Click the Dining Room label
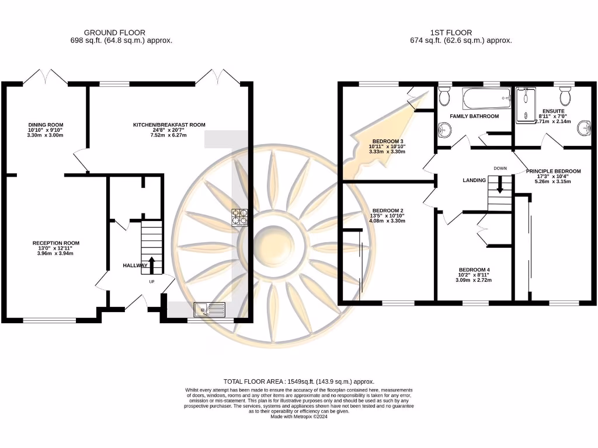45,124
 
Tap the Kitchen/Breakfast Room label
169,125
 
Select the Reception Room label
56,243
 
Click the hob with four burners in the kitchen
240,217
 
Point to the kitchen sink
210,309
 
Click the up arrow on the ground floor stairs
152,264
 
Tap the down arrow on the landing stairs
500,185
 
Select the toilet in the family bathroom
444,95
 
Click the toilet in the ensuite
565,95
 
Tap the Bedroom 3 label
388,141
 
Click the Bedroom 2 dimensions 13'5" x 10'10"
388,216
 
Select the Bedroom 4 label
473,270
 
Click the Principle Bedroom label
553,171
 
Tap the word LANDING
474,180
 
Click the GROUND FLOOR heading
114,33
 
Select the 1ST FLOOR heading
461,33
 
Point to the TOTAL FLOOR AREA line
298,381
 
